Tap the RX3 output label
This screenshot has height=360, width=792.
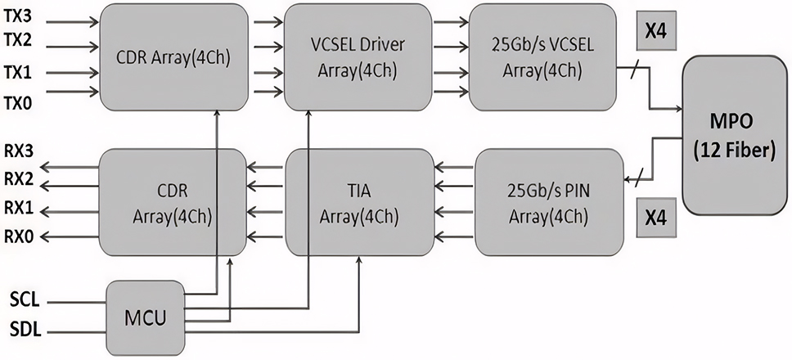pyautogui.click(x=18, y=152)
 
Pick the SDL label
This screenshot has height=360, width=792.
pyautogui.click(x=23, y=331)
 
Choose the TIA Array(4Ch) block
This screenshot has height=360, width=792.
pyautogui.click(x=359, y=202)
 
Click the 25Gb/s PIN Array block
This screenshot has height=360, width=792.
pyautogui.click(x=543, y=202)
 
